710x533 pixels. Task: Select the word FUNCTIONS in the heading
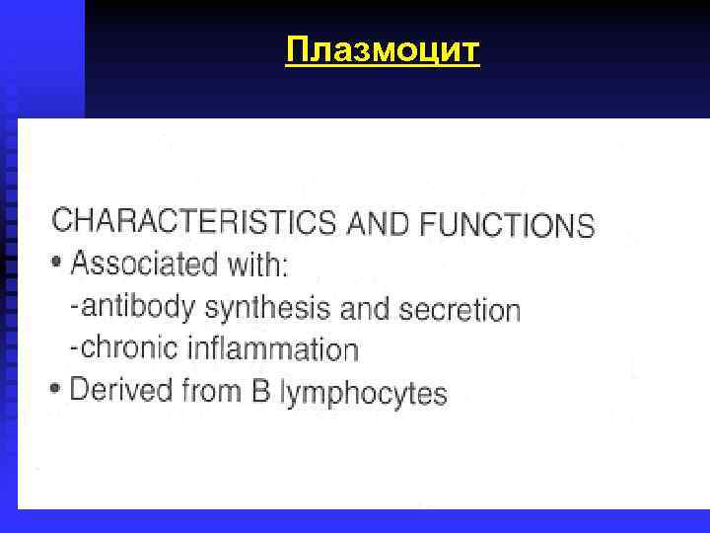507,226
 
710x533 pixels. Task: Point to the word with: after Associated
254,266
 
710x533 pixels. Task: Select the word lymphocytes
364,395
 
